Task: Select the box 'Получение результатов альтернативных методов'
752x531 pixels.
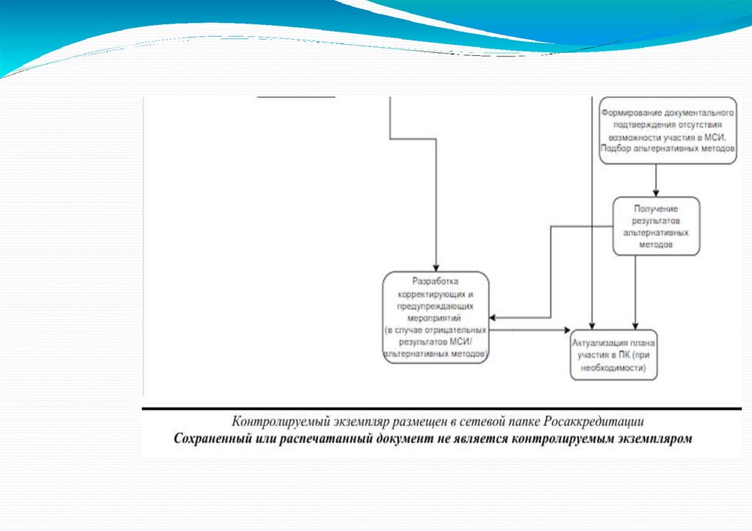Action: pos(656,225)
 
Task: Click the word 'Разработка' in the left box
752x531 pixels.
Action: pos(436,282)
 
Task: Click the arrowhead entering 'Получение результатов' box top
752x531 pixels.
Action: pos(656,192)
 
